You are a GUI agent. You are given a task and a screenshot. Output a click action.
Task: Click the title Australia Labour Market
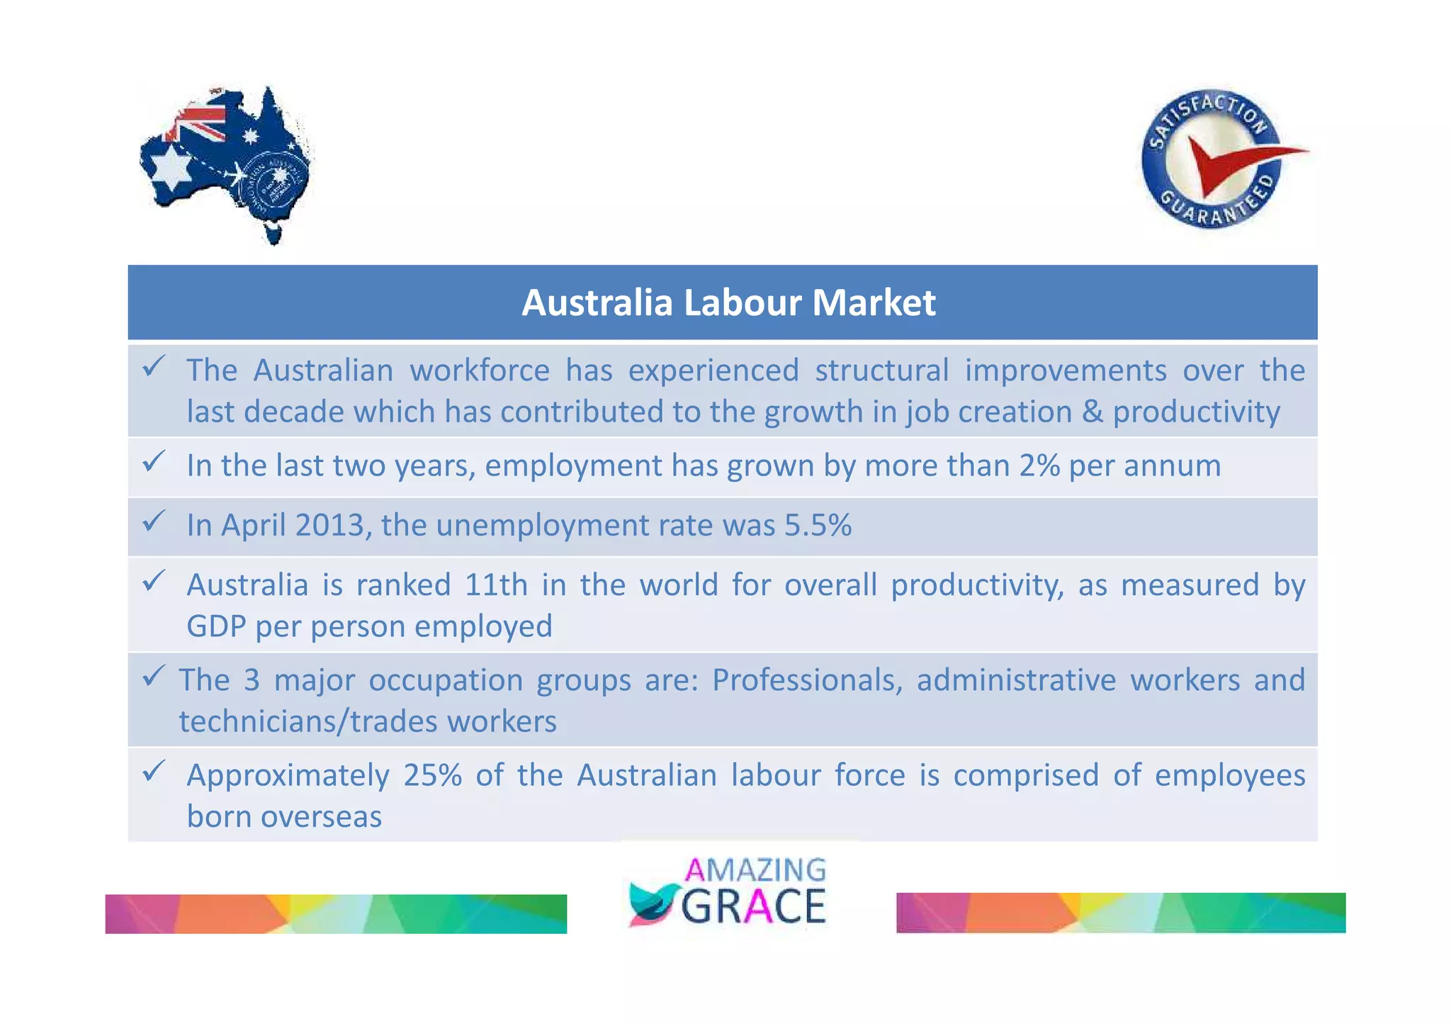coord(728,303)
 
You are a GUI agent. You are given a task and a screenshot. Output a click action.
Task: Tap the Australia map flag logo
coord(225,164)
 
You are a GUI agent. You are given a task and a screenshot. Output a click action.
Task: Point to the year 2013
coord(329,526)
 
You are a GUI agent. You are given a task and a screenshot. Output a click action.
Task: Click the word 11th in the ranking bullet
coord(496,585)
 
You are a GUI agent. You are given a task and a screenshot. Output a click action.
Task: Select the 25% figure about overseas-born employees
coord(432,775)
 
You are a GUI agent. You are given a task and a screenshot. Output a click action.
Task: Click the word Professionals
coord(807,680)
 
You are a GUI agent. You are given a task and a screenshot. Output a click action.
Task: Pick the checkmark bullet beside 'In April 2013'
coord(154,522)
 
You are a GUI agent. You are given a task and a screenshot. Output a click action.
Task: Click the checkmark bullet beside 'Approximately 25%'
coord(154,771)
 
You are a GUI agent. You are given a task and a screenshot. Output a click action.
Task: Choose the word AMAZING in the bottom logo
coord(755,869)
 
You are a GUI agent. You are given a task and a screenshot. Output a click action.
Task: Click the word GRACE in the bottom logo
coord(754,906)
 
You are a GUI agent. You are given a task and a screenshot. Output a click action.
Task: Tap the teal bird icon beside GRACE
coord(653,905)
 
